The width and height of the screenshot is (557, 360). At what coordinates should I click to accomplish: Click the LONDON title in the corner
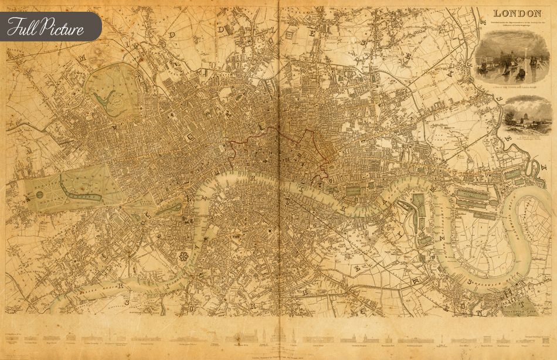(x=516, y=13)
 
